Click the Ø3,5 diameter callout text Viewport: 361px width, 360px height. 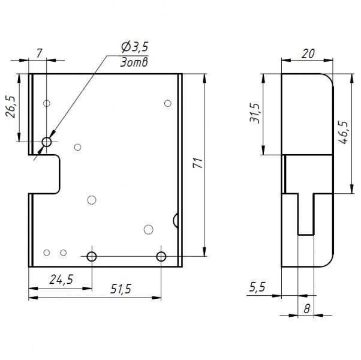135,47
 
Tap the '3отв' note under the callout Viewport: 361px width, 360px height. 134,62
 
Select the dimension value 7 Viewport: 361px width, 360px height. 40,53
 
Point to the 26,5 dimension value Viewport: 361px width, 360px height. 11,107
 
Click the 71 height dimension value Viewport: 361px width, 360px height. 198,163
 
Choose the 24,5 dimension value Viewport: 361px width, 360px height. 61,280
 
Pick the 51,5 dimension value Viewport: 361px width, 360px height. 121,289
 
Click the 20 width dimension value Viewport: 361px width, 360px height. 308,53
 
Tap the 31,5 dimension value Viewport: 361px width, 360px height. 255,113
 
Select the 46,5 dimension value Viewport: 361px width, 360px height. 343,132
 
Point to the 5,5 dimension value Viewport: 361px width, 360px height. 257,287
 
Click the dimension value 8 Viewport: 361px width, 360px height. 306,308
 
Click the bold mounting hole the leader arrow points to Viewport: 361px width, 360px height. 47,142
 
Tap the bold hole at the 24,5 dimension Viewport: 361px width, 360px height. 92,256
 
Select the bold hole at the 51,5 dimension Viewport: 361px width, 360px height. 161,256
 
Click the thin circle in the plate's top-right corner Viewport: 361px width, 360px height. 168,103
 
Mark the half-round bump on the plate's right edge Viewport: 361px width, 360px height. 176,220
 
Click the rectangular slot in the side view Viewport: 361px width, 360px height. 306,214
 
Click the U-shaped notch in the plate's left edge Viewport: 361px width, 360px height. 44,174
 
